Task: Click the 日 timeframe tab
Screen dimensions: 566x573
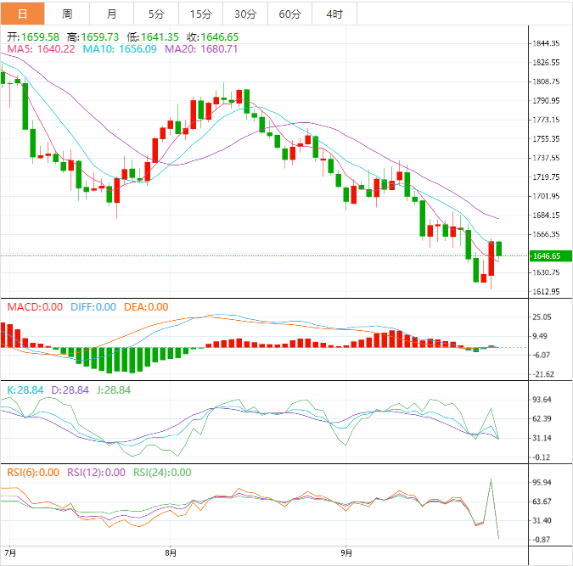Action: [x=22, y=14]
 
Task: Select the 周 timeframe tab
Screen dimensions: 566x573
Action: [x=67, y=14]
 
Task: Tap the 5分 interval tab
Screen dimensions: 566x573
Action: [x=156, y=14]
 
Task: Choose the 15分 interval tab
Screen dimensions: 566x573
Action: [x=201, y=14]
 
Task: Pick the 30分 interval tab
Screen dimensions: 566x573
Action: [x=245, y=14]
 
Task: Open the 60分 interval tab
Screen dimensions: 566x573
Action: [x=289, y=14]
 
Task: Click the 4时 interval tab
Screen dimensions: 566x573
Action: [x=334, y=14]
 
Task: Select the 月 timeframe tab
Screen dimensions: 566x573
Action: [x=112, y=14]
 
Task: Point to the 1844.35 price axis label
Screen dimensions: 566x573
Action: [x=544, y=43]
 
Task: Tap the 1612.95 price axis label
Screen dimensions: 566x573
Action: [x=544, y=292]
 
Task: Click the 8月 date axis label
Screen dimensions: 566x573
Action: [x=171, y=552]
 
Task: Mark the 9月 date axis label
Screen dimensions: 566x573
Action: [x=346, y=552]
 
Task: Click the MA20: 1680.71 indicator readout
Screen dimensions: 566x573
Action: [x=201, y=49]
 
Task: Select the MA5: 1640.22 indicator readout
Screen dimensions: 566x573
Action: [x=42, y=49]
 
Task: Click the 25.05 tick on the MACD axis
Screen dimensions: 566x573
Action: [x=541, y=317]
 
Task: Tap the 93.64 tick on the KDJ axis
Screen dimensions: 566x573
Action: [x=541, y=400]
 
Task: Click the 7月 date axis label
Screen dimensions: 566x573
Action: [x=10, y=552]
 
